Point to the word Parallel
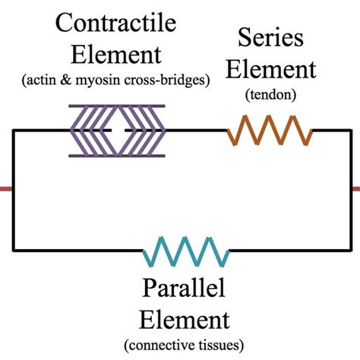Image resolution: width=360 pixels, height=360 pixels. (185, 291)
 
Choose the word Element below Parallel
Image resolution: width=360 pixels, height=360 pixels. (185, 318)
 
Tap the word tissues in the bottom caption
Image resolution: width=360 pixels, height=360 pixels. (220, 346)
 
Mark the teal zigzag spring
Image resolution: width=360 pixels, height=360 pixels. (186, 251)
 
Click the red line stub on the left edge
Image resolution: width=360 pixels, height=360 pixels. (6, 188)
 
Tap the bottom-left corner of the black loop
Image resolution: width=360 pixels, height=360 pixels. (14, 250)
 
